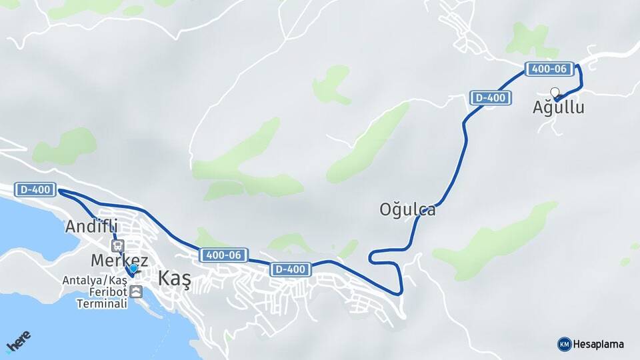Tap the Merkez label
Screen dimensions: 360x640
click(121, 261)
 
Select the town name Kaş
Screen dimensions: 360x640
click(174, 279)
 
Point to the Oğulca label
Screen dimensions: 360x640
click(407, 210)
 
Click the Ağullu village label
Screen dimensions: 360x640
click(558, 107)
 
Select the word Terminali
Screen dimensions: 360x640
click(101, 303)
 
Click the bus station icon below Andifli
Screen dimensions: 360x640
click(117, 247)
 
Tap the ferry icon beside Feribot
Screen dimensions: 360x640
click(136, 292)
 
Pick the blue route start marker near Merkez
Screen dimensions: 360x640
click(133, 269)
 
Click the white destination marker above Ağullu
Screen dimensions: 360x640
click(555, 93)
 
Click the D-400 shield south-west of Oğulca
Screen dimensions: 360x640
click(291, 269)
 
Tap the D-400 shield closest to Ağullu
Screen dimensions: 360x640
click(491, 98)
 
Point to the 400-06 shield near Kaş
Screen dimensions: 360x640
click(223, 255)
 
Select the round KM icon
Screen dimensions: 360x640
click(564, 344)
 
